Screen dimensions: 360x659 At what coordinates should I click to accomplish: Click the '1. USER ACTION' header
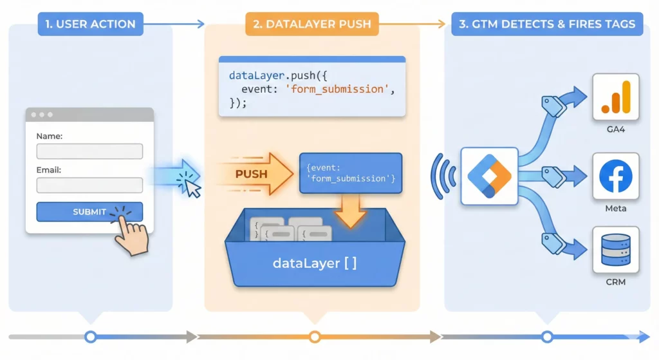click(90, 24)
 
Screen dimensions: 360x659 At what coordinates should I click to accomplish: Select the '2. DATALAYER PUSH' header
click(311, 24)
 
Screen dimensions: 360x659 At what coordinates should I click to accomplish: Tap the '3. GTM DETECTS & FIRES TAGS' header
click(546, 24)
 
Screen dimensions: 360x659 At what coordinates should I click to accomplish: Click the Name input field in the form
click(89, 151)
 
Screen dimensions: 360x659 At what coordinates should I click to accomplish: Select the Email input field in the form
click(89, 185)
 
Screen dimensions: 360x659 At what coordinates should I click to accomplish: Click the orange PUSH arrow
click(254, 174)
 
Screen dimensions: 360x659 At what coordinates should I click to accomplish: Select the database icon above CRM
click(615, 250)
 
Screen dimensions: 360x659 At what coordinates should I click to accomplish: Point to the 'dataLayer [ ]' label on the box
click(315, 263)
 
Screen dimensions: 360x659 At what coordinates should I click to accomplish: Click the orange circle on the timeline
click(315, 336)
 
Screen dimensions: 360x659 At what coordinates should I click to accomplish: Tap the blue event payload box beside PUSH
click(350, 173)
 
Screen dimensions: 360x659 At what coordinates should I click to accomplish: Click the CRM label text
click(615, 281)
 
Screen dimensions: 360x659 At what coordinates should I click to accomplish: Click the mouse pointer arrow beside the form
click(192, 186)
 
